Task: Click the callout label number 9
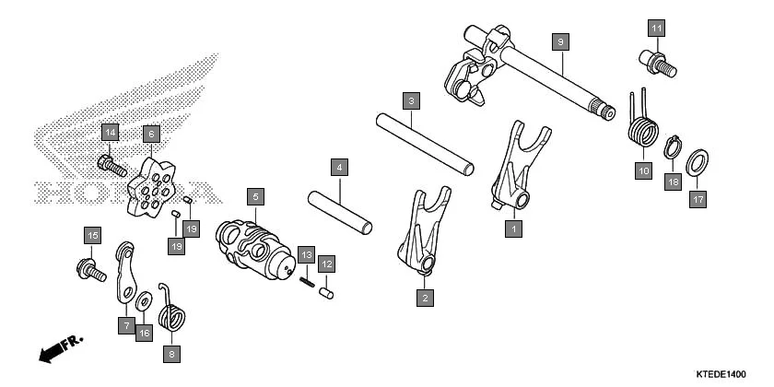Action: pos(560,41)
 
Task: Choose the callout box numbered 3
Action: pos(412,99)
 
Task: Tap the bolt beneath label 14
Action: pos(108,167)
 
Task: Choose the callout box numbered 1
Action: pos(513,225)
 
